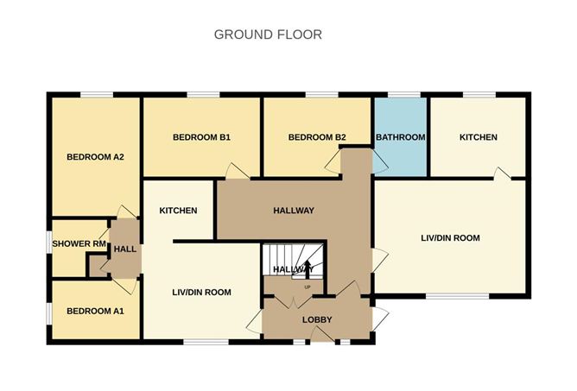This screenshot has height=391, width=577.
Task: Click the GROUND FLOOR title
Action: click(x=268, y=35)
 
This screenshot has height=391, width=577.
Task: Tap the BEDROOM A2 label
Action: click(x=95, y=157)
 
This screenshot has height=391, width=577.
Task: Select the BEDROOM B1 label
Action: click(x=201, y=137)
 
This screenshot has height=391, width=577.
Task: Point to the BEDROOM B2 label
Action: click(x=317, y=137)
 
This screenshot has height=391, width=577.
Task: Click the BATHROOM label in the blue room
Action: click(x=401, y=137)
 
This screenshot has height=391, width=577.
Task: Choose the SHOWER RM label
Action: click(x=79, y=243)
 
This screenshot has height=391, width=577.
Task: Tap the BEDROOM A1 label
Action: click(x=95, y=312)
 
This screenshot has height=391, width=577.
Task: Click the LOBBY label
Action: click(x=317, y=319)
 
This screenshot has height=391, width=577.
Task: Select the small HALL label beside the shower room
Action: click(x=125, y=249)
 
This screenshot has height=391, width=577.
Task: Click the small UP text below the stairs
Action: click(x=308, y=287)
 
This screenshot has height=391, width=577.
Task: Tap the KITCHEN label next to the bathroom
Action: click(x=479, y=137)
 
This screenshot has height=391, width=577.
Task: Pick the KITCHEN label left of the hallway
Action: click(x=178, y=211)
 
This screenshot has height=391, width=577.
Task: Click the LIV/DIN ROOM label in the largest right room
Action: click(x=450, y=238)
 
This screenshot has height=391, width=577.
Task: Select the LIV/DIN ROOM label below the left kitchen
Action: click(x=201, y=293)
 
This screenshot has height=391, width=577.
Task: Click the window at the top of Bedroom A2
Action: click(x=97, y=95)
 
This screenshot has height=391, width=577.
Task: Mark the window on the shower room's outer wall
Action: click(x=49, y=242)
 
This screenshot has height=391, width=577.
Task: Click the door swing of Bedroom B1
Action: click(x=238, y=171)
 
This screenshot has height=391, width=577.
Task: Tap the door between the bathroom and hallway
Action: click(x=380, y=162)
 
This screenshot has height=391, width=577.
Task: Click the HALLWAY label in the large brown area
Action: click(x=294, y=211)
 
